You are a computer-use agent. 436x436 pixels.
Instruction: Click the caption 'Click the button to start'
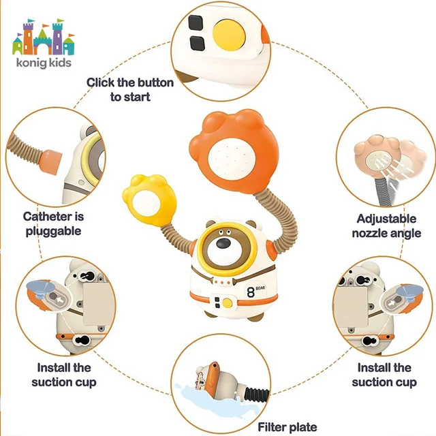(130, 89)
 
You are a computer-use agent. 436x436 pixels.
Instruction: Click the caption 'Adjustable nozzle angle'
(386, 225)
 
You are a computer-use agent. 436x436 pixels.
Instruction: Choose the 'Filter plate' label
(287, 427)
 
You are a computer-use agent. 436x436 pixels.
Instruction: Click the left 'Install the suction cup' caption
(63, 375)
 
